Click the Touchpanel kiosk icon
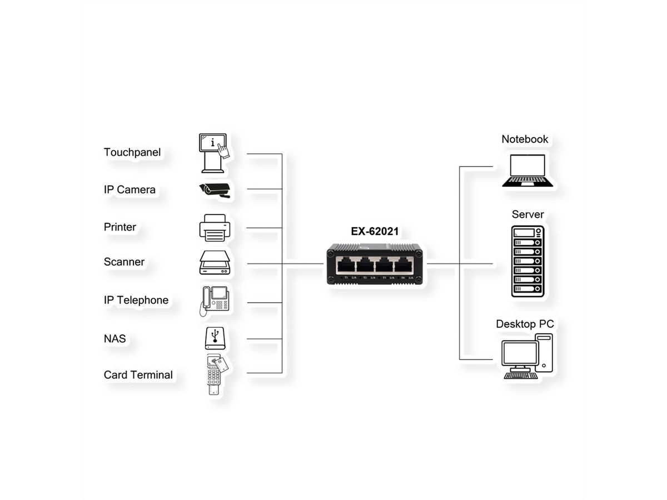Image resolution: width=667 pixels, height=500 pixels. click(x=214, y=152)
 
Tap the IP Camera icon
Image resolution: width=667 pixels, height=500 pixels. click(x=215, y=189)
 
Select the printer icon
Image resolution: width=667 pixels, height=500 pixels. click(x=215, y=228)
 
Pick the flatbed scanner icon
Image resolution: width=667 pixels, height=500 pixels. click(x=215, y=263)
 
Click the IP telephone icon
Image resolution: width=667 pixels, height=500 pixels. click(x=215, y=301)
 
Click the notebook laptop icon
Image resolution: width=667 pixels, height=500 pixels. click(x=527, y=171)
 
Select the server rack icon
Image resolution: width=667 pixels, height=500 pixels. click(x=527, y=261)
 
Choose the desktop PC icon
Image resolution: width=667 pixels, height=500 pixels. click(x=527, y=357)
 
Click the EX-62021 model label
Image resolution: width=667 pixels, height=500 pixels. click(x=375, y=232)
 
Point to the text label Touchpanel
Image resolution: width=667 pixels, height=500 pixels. click(x=132, y=152)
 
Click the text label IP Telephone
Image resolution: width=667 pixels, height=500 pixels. click(x=136, y=300)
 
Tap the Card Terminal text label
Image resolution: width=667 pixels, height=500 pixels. click(x=138, y=374)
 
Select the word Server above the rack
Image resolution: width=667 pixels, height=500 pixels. click(x=527, y=214)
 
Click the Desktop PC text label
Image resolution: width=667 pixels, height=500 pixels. click(x=525, y=323)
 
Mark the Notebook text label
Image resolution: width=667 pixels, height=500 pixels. click(x=525, y=139)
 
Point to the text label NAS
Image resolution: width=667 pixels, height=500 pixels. click(x=115, y=338)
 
